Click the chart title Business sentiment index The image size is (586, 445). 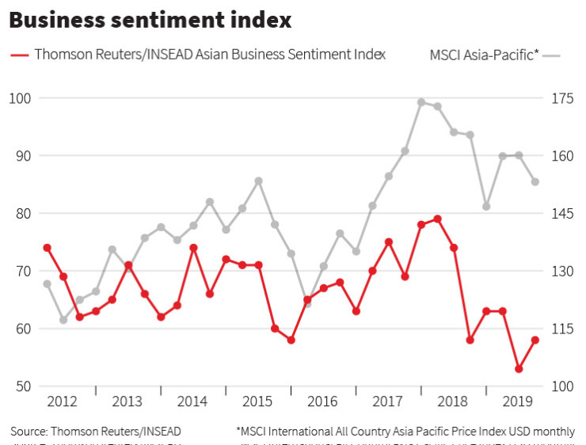150,20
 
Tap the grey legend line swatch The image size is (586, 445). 552,55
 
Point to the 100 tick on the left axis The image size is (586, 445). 21,98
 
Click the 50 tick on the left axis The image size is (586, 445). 21,386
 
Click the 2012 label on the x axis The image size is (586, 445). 62,401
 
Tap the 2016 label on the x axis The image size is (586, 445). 323,401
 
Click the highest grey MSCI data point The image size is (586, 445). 421,102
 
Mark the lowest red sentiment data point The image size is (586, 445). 519,369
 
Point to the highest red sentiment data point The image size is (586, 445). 437,219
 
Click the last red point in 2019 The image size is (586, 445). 535,340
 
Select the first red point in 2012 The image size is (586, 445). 47,248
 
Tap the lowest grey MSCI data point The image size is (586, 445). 63,320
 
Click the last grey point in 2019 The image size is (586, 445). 535,182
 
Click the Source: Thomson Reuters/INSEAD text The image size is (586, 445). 95,432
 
